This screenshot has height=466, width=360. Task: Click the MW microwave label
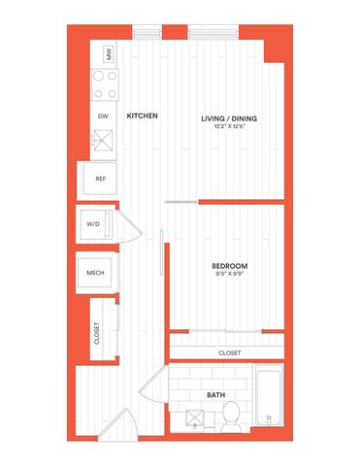(x=109, y=54)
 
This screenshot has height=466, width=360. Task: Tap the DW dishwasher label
(x=103, y=116)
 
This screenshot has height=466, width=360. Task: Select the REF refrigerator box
(x=100, y=179)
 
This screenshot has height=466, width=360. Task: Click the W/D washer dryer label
(x=93, y=224)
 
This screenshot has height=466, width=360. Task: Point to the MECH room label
(x=95, y=273)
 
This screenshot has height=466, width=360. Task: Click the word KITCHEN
(x=142, y=116)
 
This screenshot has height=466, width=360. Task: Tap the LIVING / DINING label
(x=229, y=118)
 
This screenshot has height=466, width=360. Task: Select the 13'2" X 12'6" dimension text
(x=229, y=126)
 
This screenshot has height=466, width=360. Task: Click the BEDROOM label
(x=230, y=266)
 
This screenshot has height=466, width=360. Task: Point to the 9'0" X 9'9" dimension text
(x=230, y=274)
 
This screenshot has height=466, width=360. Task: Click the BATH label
(x=216, y=395)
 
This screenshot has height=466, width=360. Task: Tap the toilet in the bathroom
(x=231, y=416)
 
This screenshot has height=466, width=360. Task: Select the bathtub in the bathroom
(x=269, y=395)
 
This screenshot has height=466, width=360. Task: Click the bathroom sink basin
(x=195, y=418)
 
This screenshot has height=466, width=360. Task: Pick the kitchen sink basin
(x=103, y=141)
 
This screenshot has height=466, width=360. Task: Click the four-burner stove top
(x=105, y=84)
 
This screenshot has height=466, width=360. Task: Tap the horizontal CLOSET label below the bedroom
(x=230, y=352)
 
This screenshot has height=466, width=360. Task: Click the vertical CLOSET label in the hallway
(x=97, y=333)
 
